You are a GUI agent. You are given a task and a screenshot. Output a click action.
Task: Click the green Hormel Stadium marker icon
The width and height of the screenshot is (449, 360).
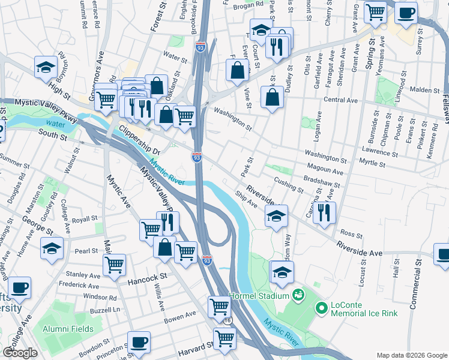point(297,295)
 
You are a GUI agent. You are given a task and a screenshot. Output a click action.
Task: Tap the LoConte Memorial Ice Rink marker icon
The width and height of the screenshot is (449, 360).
point(321,308)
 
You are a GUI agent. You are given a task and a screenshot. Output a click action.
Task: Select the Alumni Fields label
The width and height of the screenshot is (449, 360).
point(68,329)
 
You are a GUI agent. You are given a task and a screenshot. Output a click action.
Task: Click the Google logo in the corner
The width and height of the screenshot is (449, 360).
point(20,352)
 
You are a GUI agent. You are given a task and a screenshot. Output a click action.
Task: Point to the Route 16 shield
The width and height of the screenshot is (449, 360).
point(228,321)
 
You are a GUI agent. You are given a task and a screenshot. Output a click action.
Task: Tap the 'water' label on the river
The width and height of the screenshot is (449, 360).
point(54,124)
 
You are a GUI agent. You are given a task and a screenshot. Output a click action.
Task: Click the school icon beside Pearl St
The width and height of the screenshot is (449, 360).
point(52,247)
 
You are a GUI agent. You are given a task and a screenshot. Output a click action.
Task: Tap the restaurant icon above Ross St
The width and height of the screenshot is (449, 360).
point(324,212)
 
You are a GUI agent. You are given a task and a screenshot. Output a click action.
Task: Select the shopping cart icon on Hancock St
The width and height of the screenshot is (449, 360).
point(114,264)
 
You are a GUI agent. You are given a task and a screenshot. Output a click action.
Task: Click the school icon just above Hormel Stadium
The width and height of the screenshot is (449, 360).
point(282,272)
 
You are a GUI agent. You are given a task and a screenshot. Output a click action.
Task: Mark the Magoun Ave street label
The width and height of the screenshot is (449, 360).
point(324,171)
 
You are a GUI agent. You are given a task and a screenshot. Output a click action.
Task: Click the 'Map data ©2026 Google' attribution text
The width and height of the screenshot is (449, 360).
point(411,355)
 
